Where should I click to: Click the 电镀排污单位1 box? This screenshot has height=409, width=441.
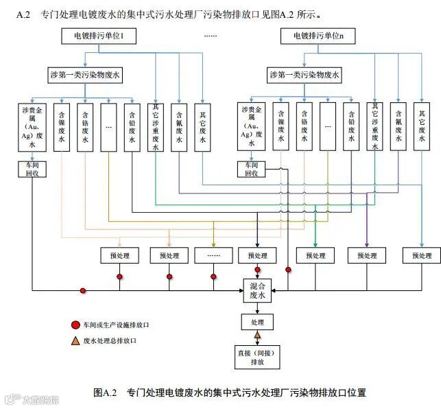[102, 36]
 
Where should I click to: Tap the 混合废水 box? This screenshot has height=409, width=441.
[257, 290]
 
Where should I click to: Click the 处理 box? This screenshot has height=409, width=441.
[257, 322]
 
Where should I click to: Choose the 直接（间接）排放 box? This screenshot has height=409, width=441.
[257, 356]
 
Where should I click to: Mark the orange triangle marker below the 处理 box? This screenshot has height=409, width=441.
[258, 336]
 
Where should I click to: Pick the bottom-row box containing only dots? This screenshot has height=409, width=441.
[213, 255]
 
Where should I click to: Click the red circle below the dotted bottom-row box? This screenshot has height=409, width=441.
[213, 277]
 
